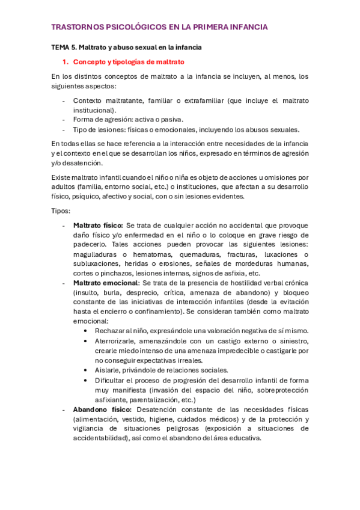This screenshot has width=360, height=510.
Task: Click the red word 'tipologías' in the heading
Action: tap(124, 62)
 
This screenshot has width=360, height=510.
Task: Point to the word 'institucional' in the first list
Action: tap(94, 110)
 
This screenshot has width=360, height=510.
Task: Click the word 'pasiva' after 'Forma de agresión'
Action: tap(171, 120)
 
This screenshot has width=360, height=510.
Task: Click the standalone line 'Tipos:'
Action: tap(61, 211)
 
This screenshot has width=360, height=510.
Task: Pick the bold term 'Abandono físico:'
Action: tap(99, 409)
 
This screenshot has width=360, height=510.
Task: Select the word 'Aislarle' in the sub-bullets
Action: tap(108, 370)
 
